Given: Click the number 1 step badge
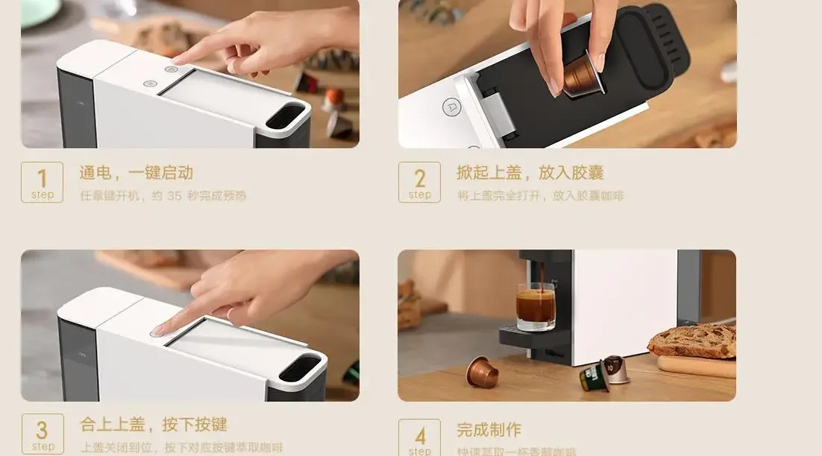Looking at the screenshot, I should pos(42,183).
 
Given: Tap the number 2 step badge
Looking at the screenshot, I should pos(419,183).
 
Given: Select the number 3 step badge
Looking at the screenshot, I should pos(42,434).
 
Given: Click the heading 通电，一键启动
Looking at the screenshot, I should pos(137,173).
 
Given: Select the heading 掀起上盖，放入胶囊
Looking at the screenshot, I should pos(530,173).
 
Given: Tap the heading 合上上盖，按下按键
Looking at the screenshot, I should pos(153,425).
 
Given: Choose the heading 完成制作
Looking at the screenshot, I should pos(489,430).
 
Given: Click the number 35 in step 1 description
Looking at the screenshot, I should pos(174,196).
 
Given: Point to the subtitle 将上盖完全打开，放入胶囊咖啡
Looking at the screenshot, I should pos(540,196).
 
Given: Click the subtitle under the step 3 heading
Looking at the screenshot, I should pos(181,448).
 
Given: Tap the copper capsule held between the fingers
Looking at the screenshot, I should pos(583,75).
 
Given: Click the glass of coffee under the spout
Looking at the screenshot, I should pos(536,305).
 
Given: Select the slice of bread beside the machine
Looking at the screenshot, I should pos(692,341).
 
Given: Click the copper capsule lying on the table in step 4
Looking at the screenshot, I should pos(482,372).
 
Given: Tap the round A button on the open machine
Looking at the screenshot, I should pos(451,107).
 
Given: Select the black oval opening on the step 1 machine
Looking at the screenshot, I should pos(285,117).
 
